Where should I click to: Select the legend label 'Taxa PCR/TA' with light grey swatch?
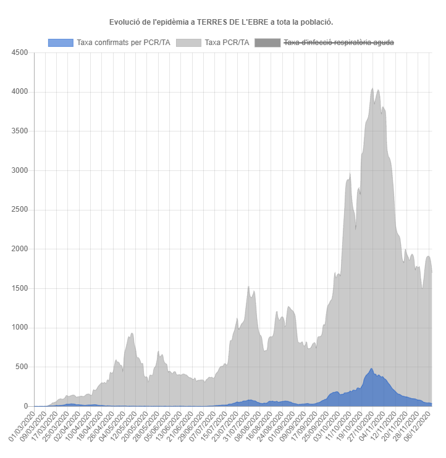point(227,43)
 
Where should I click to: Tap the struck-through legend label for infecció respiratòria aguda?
point(337,43)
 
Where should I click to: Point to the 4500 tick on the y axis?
point(19,52)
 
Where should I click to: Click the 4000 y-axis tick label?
point(19,92)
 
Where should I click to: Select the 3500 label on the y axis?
point(19,131)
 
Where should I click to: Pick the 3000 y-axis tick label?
point(19,170)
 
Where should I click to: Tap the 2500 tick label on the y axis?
point(19,210)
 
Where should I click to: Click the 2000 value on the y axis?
point(19,249)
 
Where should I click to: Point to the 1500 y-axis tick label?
point(19,288)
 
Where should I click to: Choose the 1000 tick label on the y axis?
point(19,328)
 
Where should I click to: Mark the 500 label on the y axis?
point(21,367)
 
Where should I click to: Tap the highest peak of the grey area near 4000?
point(372,88)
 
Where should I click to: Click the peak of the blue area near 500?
point(371,369)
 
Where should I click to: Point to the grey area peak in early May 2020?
point(132,333)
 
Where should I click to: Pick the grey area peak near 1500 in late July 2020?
point(248,287)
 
